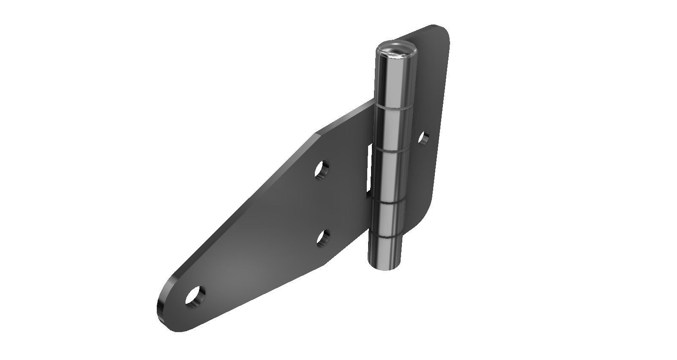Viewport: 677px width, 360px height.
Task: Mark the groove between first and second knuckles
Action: click(393, 106)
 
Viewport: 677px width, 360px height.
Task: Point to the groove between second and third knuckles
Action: click(390, 149)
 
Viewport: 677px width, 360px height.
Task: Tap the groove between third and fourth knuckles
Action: click(388, 202)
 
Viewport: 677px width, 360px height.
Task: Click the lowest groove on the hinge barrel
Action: click(385, 235)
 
